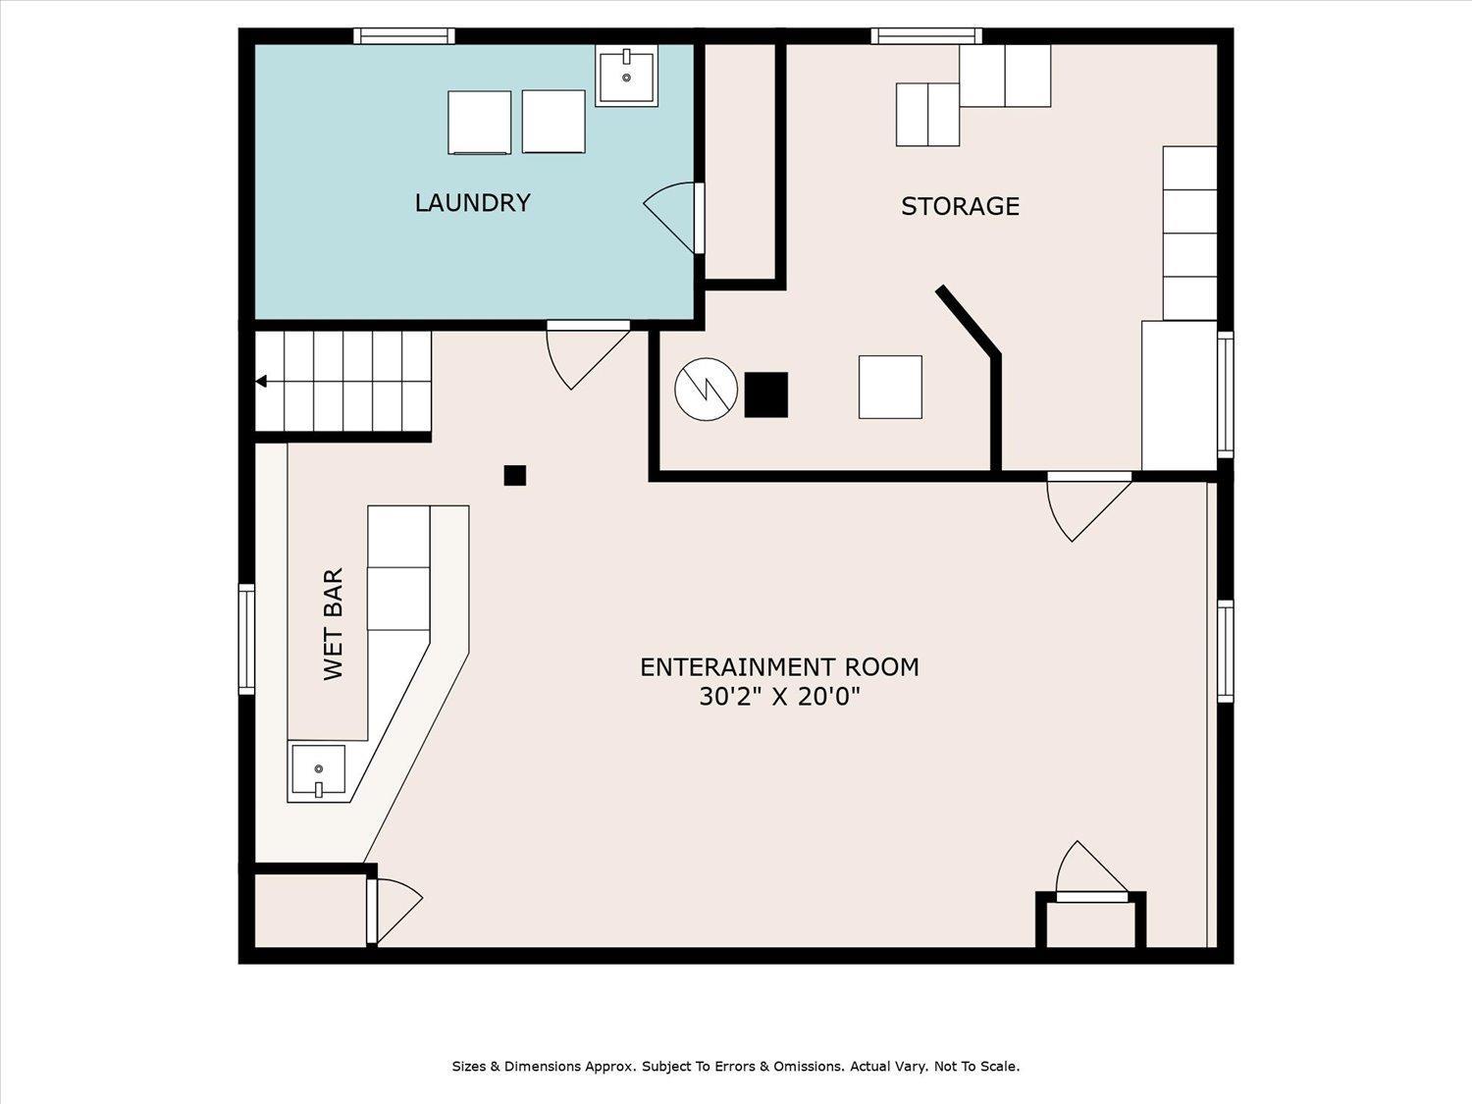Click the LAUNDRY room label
(472, 202)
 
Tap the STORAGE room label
(960, 206)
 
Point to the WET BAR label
(334, 624)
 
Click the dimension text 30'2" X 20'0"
(779, 697)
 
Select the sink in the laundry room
(626, 76)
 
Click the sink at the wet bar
(317, 771)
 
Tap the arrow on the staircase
(261, 382)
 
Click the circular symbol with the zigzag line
(707, 390)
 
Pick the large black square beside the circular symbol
(765, 394)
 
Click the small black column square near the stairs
(515, 475)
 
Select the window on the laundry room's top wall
(404, 36)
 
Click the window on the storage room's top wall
(926, 36)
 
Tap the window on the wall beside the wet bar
(246, 639)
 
